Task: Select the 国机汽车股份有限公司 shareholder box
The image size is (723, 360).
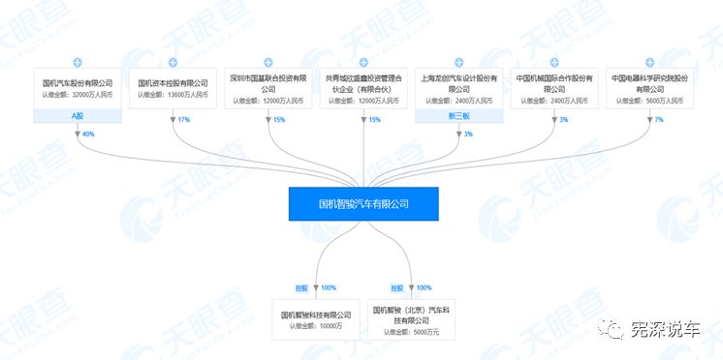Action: coord(78,89)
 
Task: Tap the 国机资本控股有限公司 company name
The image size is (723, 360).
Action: coord(173,83)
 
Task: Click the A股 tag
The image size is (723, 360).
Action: coord(78,116)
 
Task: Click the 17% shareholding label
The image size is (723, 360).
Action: coord(184,119)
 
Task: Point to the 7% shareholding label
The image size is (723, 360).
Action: coord(659,119)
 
